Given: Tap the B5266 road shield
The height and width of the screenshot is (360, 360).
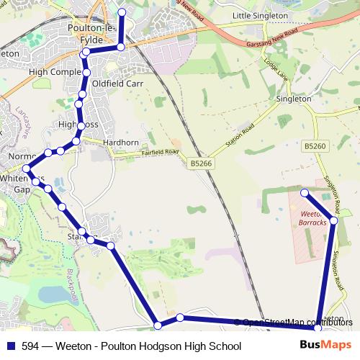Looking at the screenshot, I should point(201,164).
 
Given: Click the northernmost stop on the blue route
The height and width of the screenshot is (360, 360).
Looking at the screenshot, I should point(121,12).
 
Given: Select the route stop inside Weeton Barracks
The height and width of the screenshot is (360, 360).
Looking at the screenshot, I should point(305,192).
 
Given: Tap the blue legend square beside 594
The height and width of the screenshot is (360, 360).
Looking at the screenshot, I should point(10,346).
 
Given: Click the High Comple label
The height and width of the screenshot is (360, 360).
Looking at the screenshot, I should point(55,72).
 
